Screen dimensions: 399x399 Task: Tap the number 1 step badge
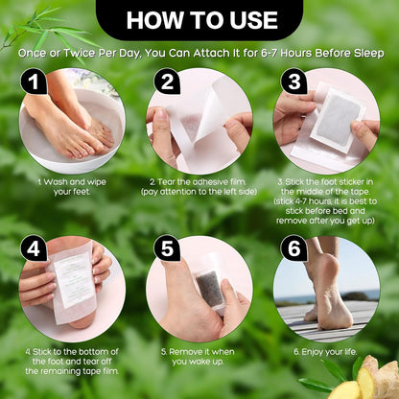(x=34, y=82)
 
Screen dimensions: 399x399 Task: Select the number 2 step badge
(x=165, y=82)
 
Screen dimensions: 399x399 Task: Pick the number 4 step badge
(x=34, y=249)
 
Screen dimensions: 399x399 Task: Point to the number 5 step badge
(x=165, y=249)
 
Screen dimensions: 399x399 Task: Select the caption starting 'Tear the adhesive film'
(x=199, y=185)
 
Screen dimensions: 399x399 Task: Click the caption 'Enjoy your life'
(x=326, y=352)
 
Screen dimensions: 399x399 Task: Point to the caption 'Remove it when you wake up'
(x=199, y=357)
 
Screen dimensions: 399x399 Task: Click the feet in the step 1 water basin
(x=72, y=125)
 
